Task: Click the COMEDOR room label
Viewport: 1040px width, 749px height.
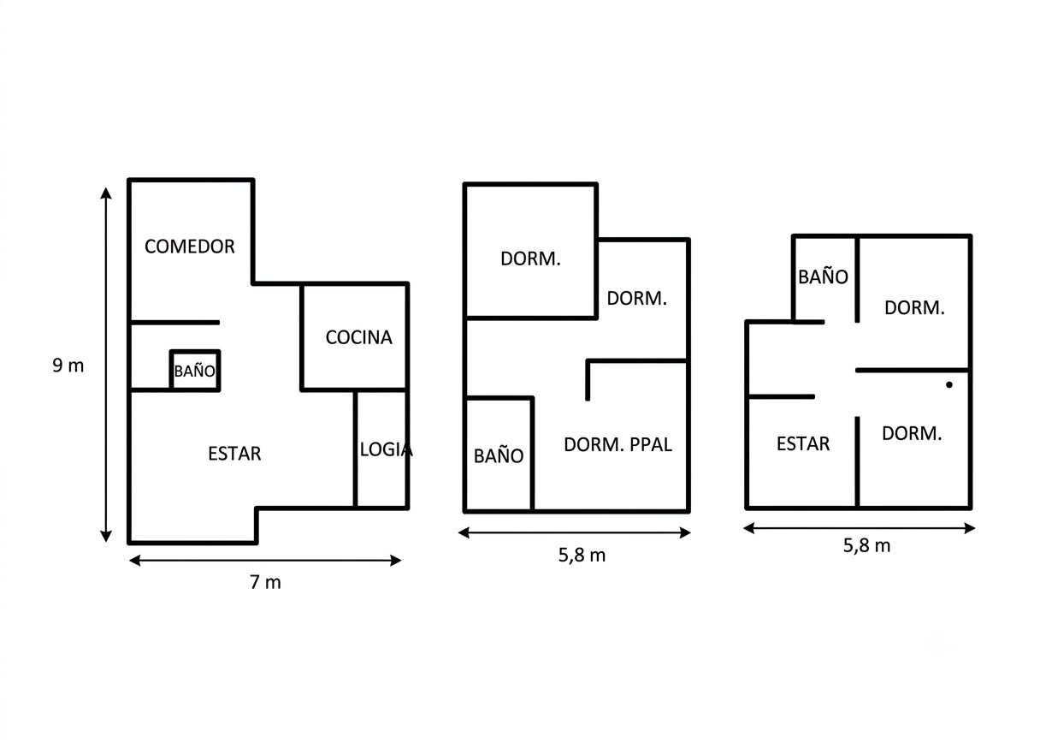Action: (189, 247)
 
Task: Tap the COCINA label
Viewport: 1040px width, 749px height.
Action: (359, 337)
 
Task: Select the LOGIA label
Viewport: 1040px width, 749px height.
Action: (386, 449)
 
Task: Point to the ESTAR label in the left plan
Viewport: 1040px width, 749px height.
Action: (234, 454)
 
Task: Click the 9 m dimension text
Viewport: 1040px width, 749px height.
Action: (68, 366)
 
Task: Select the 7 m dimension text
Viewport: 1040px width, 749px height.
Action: (266, 582)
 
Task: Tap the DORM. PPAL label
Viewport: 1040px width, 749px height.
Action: (618, 444)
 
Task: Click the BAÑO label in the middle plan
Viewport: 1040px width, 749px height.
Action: (499, 455)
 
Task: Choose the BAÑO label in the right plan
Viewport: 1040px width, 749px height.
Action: (823, 276)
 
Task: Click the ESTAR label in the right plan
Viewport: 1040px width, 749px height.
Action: (803, 443)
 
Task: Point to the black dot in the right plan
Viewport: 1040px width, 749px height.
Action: (949, 384)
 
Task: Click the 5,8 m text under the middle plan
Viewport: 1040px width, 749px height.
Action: (582, 556)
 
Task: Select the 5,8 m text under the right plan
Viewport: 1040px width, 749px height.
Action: (867, 545)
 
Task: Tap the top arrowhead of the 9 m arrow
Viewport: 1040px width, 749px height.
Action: (106, 193)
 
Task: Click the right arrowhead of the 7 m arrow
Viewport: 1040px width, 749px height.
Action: (396, 561)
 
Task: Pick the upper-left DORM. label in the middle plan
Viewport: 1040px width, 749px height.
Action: (530, 259)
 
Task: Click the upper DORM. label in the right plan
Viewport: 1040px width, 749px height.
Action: (914, 307)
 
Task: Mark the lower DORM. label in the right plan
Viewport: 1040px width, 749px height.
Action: (912, 433)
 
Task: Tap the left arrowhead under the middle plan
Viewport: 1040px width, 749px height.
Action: (464, 532)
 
